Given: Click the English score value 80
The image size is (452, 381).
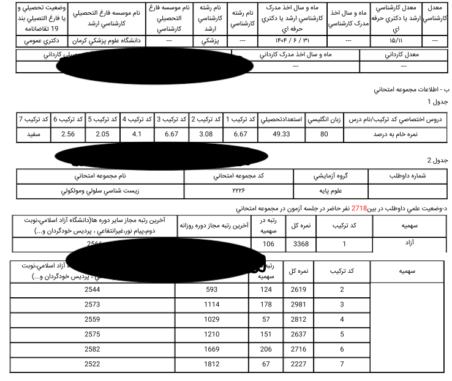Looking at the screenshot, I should tap(324, 134).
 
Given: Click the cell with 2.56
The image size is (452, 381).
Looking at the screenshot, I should tap(68, 134).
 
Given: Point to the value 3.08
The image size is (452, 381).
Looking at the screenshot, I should tap(206, 134).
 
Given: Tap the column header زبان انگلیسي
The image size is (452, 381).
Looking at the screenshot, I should tap(324, 119).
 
